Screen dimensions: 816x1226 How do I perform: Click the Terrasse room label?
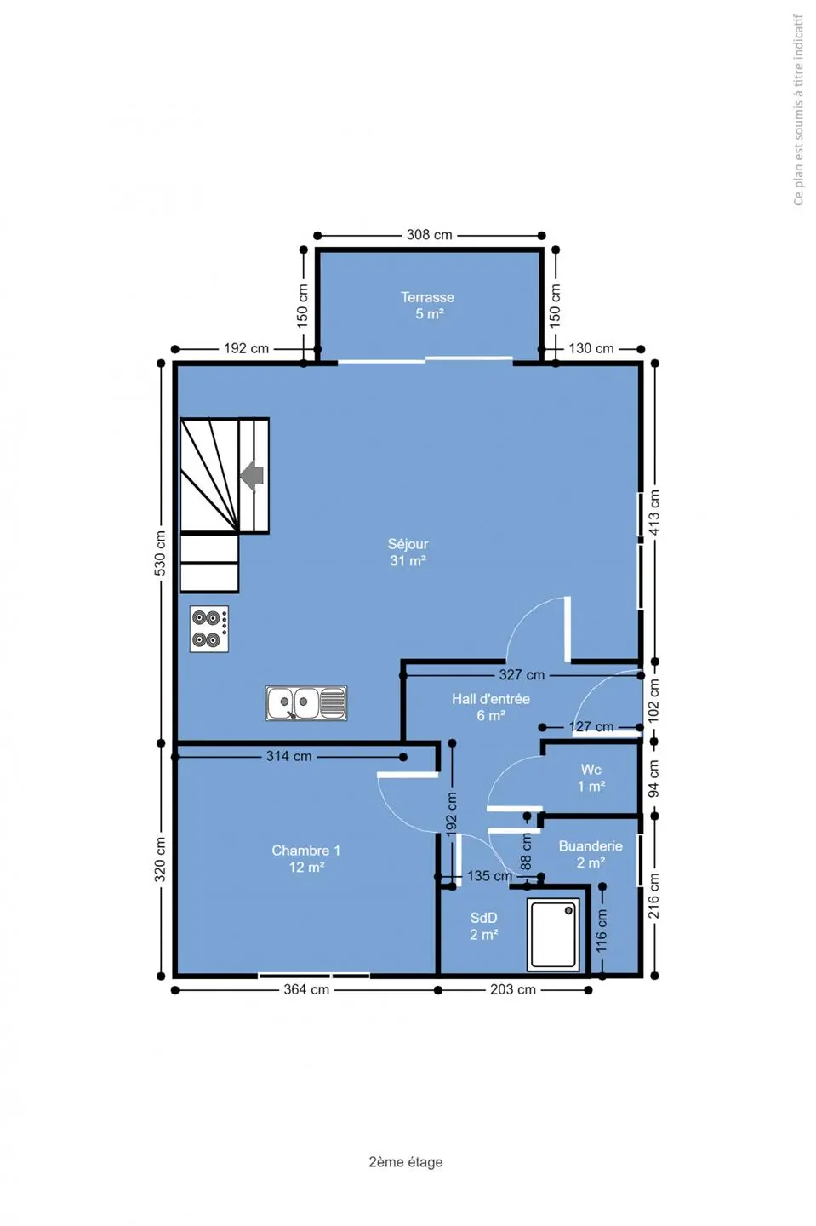tap(428, 306)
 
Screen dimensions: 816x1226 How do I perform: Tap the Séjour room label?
tap(408, 553)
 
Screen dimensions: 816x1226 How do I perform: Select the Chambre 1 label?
tap(306, 859)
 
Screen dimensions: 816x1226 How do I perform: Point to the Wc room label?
tap(591, 778)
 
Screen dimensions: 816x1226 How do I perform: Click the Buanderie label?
tap(591, 855)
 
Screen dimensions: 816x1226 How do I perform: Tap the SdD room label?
tap(484, 926)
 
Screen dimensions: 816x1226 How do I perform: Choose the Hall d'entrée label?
tap(491, 708)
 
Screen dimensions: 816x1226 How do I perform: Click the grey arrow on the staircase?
tap(252, 475)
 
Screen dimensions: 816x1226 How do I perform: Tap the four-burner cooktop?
tap(209, 629)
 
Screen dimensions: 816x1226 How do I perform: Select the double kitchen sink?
tap(306, 702)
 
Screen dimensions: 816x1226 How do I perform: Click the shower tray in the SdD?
tap(553, 934)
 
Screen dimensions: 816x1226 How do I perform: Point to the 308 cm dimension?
tap(430, 235)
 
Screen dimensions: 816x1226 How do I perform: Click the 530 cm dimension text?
tap(160, 553)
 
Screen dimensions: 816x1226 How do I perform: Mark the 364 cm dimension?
tap(306, 989)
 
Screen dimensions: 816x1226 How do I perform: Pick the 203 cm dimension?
tap(513, 989)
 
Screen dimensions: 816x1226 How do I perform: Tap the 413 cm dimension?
tap(654, 513)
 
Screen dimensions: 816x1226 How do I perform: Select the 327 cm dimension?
tap(522, 675)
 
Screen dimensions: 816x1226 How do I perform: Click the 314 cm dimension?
tap(288, 756)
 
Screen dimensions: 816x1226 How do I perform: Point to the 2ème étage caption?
tap(406, 1162)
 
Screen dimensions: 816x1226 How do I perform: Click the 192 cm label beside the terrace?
tap(246, 348)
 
